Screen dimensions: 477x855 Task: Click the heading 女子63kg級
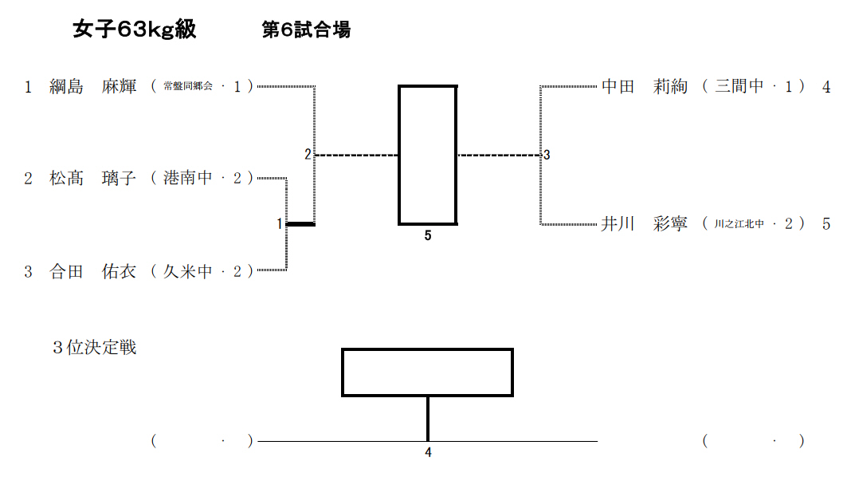[134, 30]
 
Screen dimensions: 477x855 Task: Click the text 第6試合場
[307, 30]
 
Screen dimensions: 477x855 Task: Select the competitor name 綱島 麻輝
[93, 87]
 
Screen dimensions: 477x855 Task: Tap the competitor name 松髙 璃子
[93, 179]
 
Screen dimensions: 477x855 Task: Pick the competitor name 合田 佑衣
[93, 272]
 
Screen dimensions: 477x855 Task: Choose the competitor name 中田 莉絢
[644, 87]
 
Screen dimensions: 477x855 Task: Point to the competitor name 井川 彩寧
[644, 224]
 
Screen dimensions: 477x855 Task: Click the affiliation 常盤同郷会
[188, 87]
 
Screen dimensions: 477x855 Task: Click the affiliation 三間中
[739, 87]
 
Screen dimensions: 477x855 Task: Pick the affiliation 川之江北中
[739, 225]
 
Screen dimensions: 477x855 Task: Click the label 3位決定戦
[94, 348]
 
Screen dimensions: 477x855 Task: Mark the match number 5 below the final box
[428, 236]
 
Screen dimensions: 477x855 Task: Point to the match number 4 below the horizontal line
[428, 453]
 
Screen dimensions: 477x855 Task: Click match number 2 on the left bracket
[308, 155]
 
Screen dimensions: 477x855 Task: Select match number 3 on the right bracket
[547, 156]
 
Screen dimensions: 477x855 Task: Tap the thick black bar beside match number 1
[300, 224]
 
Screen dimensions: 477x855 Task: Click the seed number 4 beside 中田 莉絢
[826, 87]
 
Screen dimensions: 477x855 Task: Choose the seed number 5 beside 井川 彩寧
[826, 224]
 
